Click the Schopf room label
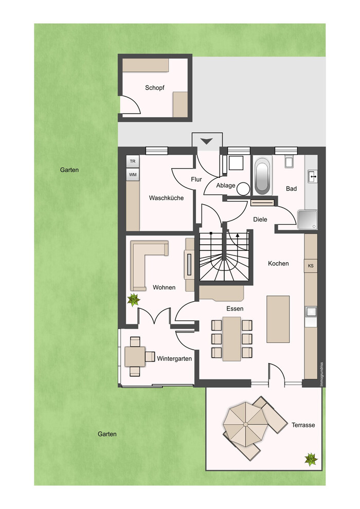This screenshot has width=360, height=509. click(x=154, y=87)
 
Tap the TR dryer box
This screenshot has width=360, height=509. click(x=133, y=161)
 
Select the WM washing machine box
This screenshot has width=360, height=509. click(x=133, y=175)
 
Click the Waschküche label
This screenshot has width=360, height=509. click(x=166, y=198)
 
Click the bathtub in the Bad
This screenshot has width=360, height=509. click(x=262, y=176)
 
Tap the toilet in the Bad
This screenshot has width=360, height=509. click(x=290, y=161)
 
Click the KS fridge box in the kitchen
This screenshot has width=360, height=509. click(x=311, y=266)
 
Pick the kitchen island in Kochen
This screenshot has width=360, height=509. click(x=278, y=319)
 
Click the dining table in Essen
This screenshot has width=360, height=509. click(x=232, y=339)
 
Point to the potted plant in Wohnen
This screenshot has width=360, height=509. click(x=133, y=300)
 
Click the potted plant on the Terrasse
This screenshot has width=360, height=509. click(x=311, y=459)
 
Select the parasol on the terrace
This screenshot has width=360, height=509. click(x=245, y=424)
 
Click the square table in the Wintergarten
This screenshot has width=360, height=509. click(x=135, y=356)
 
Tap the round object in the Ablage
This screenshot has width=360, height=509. click(x=243, y=189)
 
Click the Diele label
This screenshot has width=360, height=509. click(x=260, y=220)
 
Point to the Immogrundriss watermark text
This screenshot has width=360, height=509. click(x=322, y=374)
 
